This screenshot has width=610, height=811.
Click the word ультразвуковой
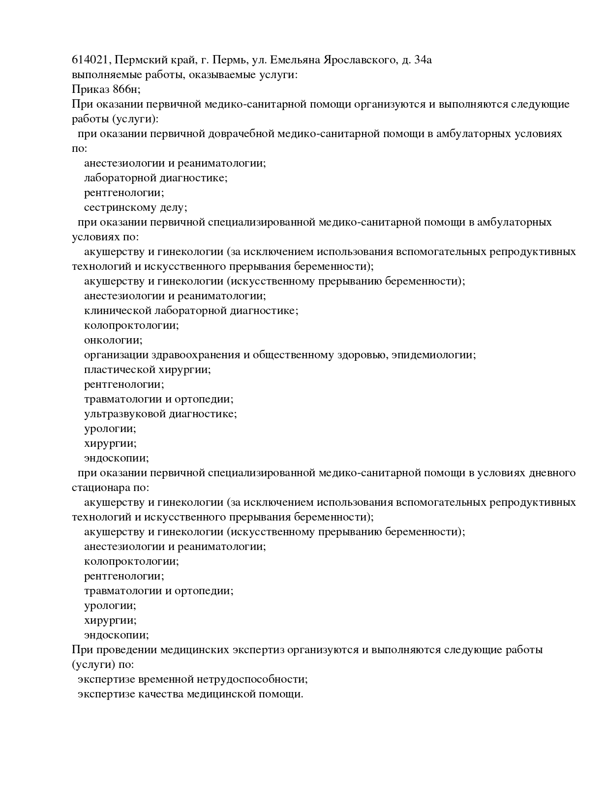[125, 414]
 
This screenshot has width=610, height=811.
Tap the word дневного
[551, 473]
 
